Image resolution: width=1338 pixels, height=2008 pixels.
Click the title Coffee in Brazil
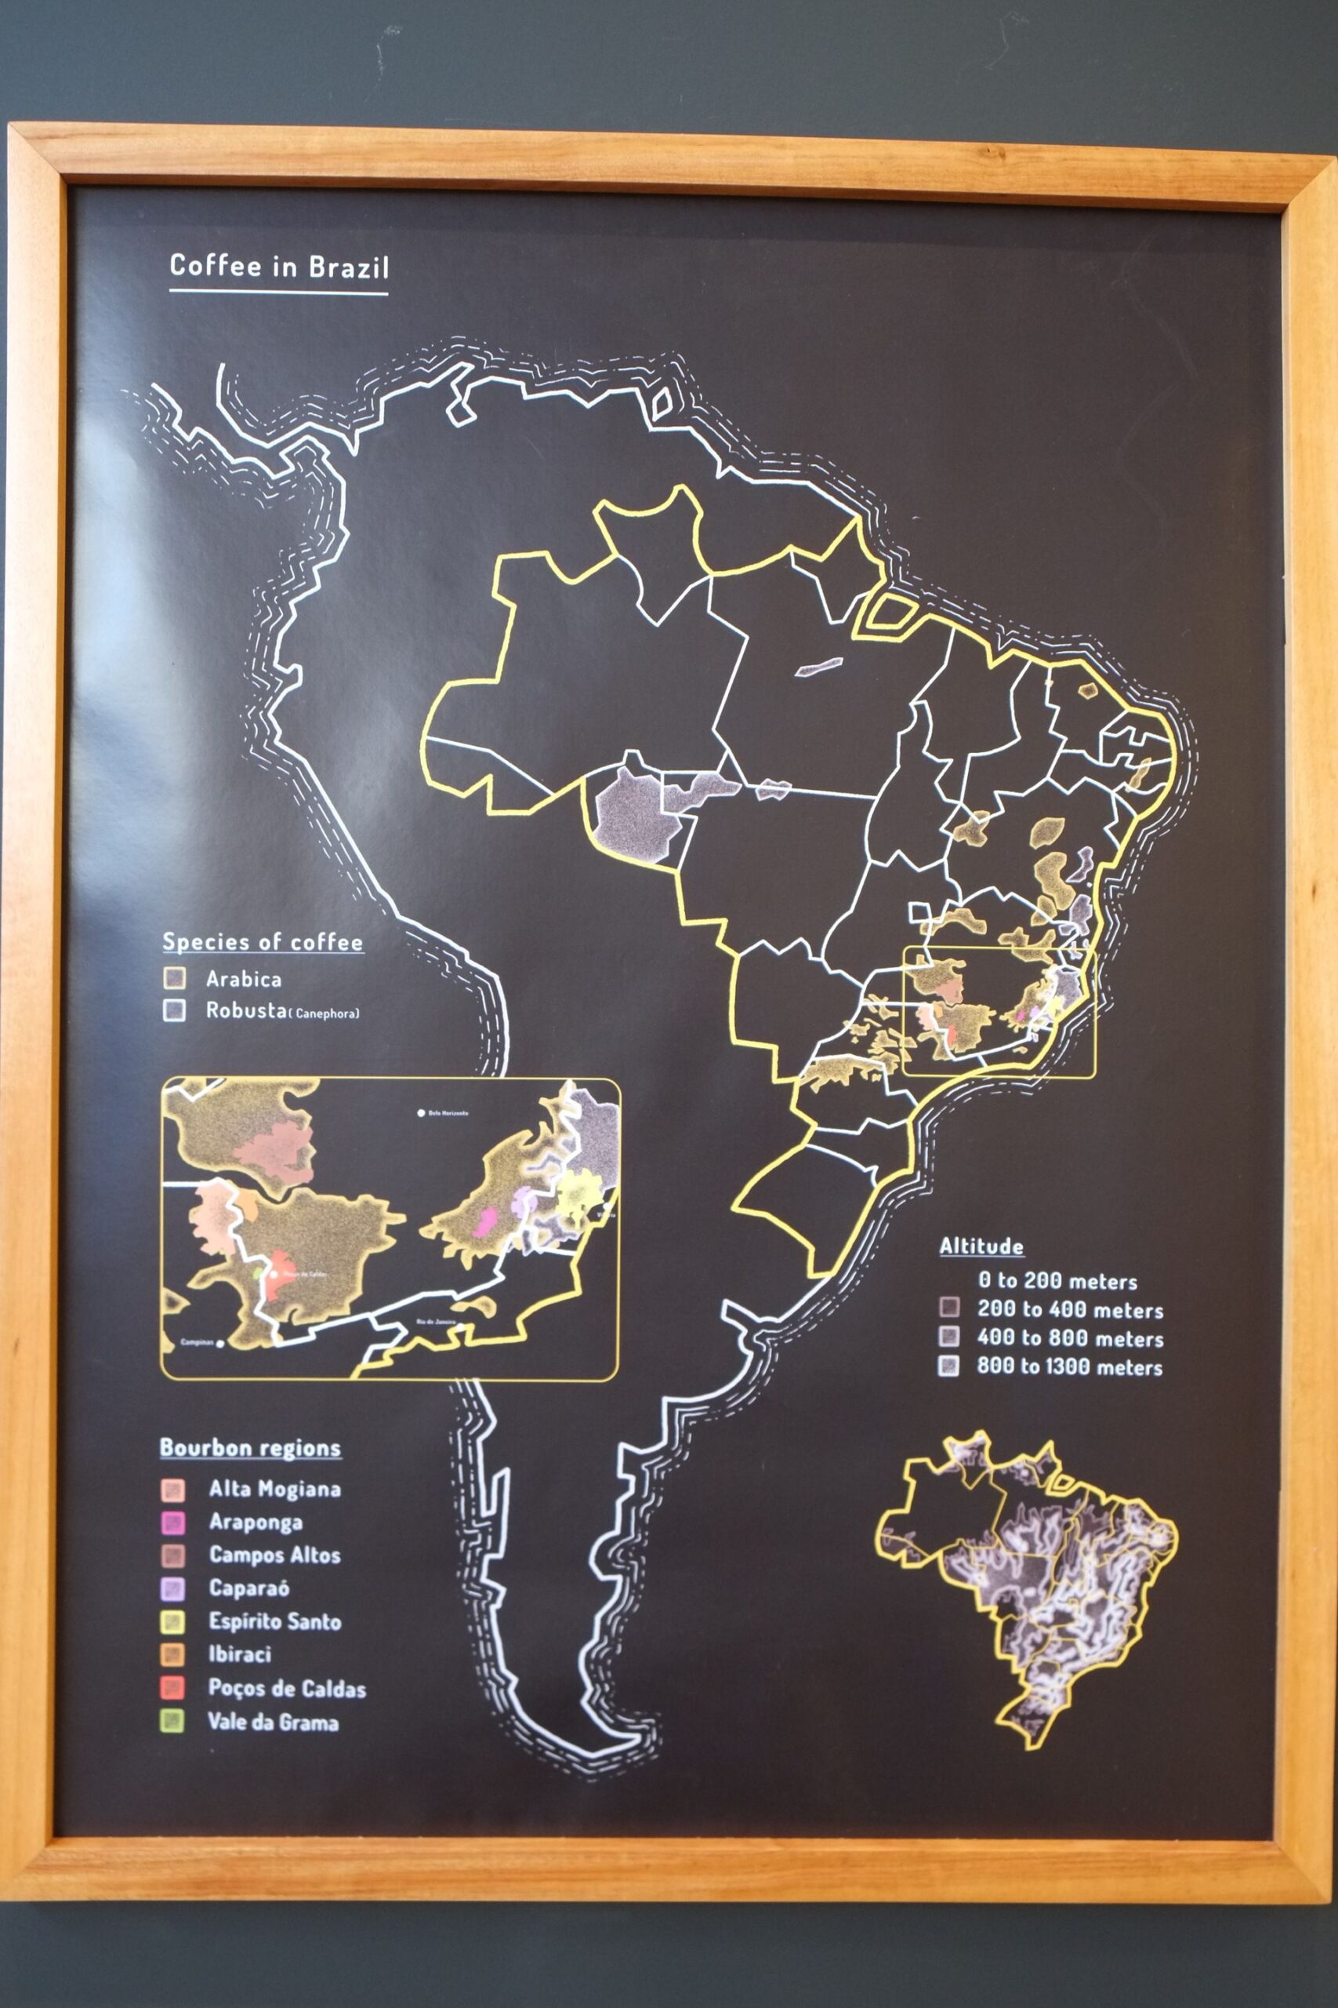[x=279, y=267]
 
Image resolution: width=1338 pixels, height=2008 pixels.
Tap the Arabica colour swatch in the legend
[x=174, y=978]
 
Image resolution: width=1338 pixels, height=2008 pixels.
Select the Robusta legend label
[x=246, y=1011]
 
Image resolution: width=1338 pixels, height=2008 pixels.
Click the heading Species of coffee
[x=263, y=943]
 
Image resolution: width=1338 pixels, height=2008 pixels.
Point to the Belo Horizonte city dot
[x=421, y=1113]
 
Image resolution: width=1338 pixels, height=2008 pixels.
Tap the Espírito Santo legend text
[x=275, y=1622]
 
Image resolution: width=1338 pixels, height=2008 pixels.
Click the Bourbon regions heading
[x=250, y=1448]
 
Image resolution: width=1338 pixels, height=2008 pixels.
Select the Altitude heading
[x=981, y=1246]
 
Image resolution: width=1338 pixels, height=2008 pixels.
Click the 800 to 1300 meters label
[x=1070, y=1368]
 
